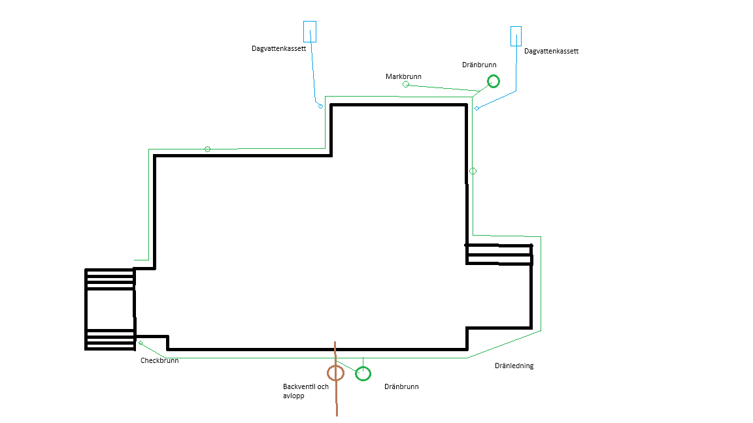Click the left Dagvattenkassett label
click(278, 48)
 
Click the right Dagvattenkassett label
click(551, 52)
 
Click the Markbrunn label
click(403, 76)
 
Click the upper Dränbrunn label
click(479, 65)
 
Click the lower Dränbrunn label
click(401, 386)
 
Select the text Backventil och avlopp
click(306, 391)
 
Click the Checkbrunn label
click(159, 360)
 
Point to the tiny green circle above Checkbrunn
click(141, 343)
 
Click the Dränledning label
click(514, 366)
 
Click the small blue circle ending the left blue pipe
click(320, 106)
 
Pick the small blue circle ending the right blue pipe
click(477, 108)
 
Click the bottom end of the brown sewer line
click(337, 416)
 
